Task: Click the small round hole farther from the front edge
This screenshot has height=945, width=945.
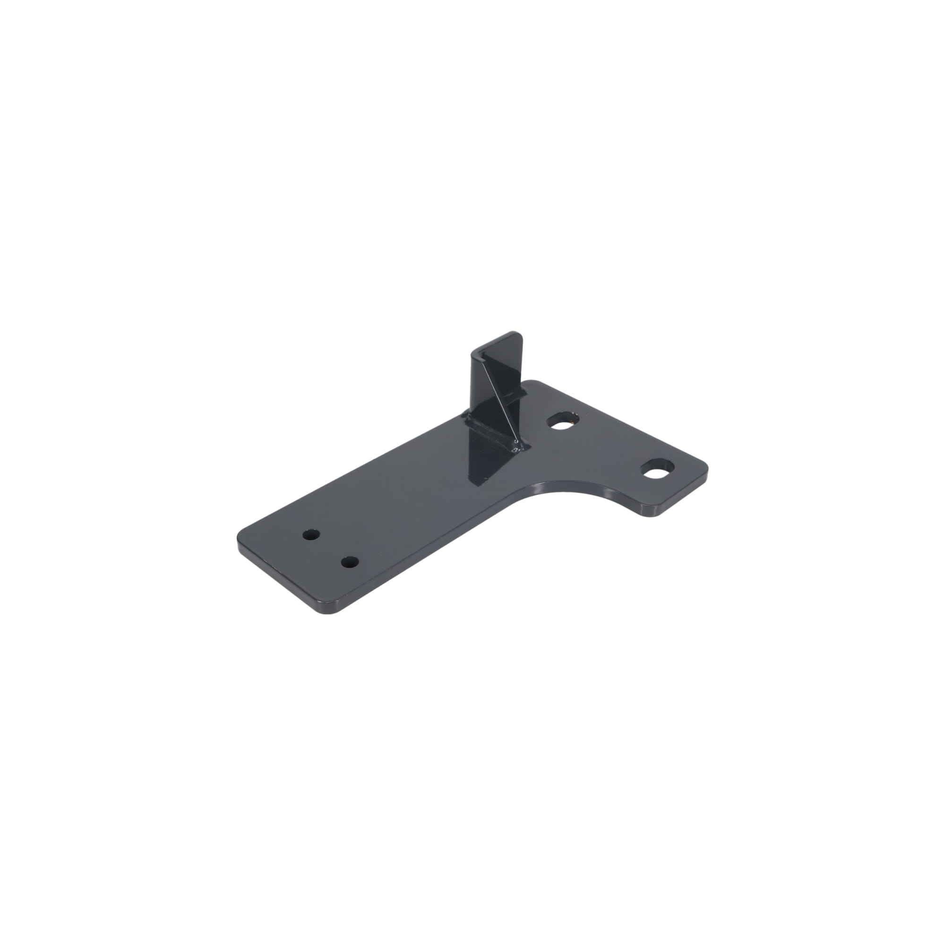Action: click(310, 534)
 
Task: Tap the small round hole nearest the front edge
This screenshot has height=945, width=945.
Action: click(349, 561)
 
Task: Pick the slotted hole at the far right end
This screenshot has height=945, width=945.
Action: click(655, 468)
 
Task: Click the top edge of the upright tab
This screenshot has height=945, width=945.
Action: click(494, 341)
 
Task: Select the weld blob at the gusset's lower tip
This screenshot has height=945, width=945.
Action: click(516, 445)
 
